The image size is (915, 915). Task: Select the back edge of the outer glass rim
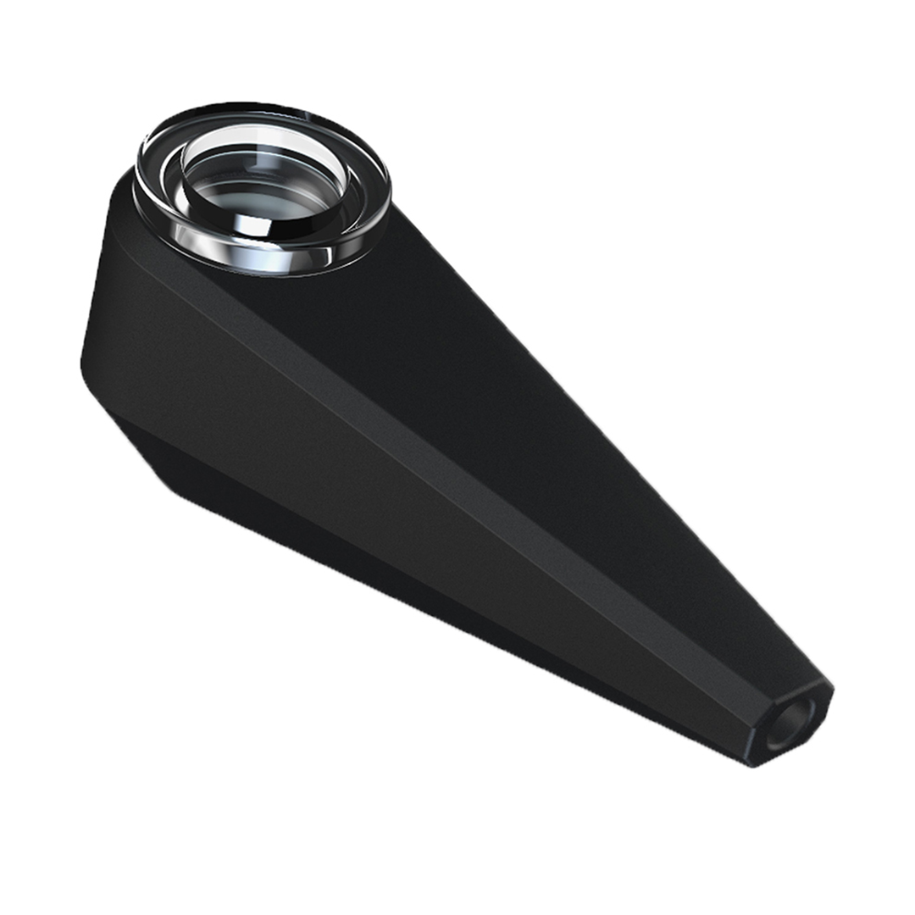(254, 108)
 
